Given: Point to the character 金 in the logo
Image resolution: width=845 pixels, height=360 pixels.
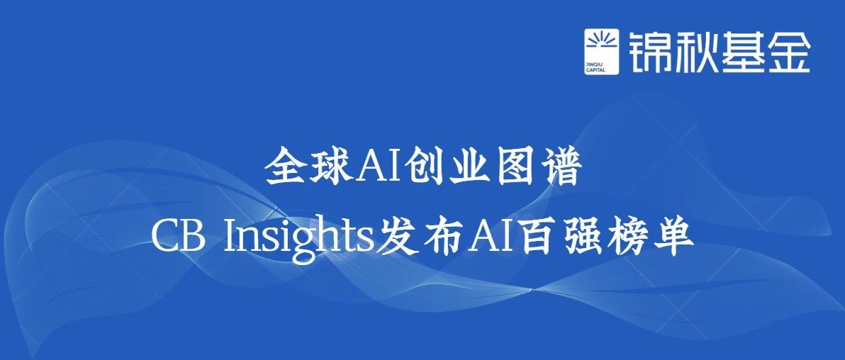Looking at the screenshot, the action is [790, 51].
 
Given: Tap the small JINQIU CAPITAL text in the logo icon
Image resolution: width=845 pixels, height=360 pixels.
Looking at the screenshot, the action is [597, 67].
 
